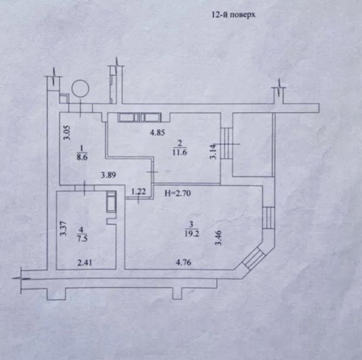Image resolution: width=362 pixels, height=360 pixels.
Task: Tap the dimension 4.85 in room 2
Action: [156, 132]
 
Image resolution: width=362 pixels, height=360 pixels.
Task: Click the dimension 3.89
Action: [107, 175]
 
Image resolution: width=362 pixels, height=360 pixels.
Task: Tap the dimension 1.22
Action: [138, 191]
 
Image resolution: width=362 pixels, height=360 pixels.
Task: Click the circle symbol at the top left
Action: [80, 89]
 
